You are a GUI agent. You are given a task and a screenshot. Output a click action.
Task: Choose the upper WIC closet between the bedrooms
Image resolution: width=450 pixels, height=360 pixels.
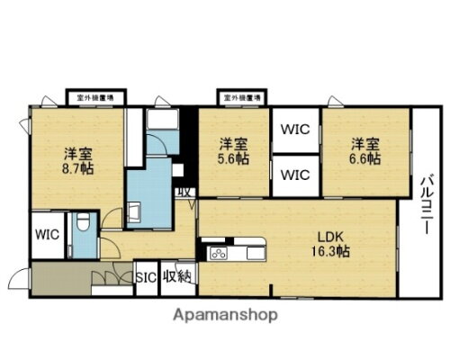coord(294,129)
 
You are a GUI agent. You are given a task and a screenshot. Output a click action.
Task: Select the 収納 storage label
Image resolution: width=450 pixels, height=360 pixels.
coord(176,276)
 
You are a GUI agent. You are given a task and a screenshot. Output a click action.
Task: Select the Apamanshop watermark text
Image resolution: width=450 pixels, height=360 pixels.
coord(224,315)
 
